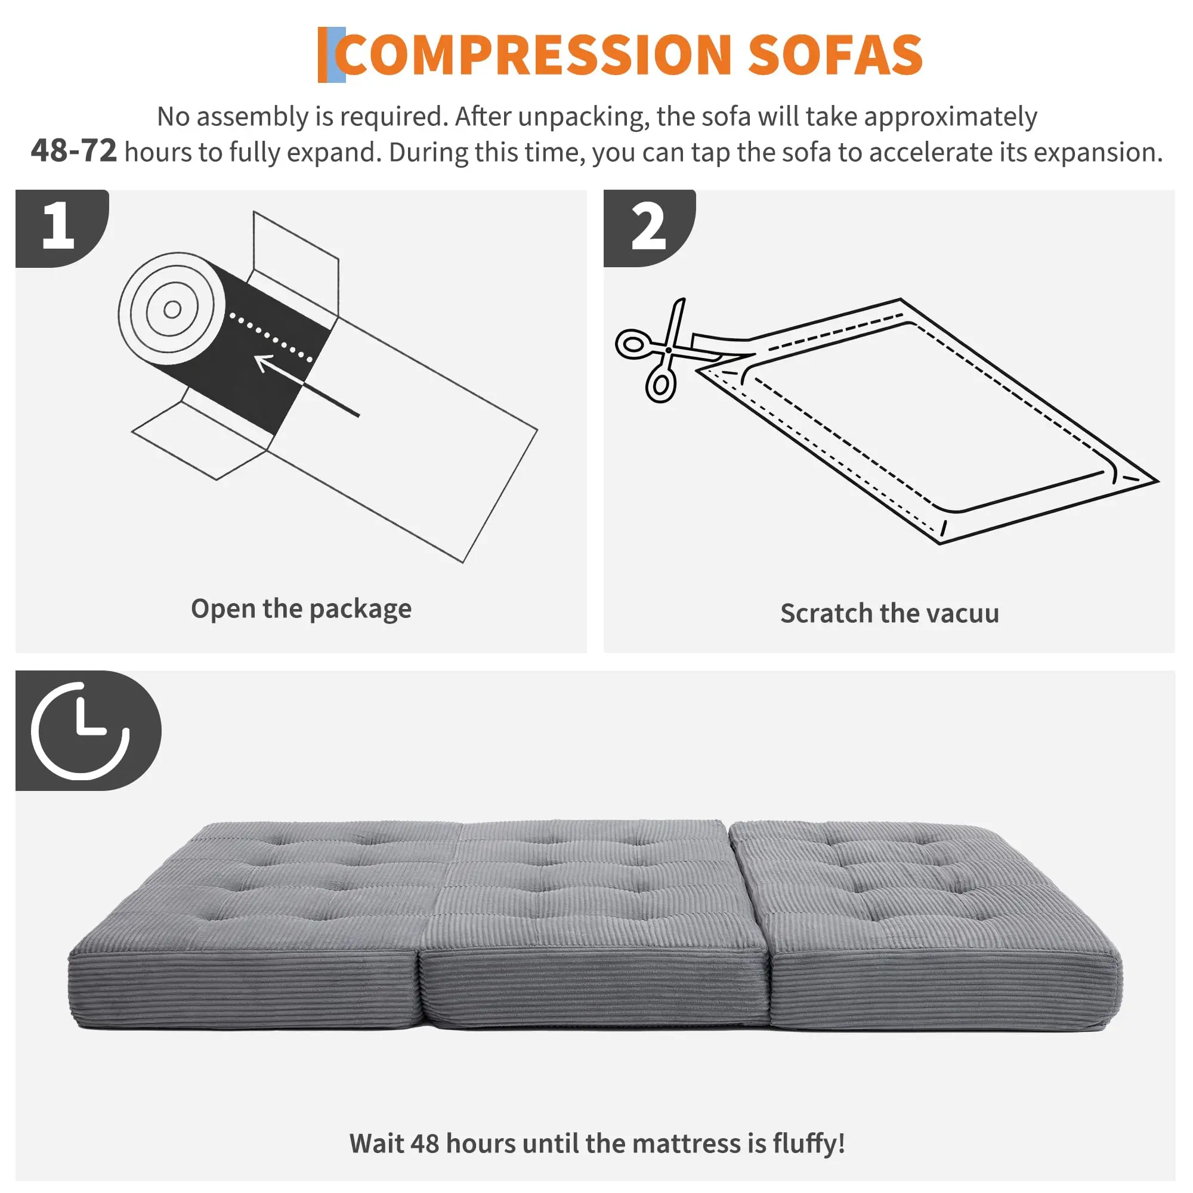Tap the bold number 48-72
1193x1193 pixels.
point(73,151)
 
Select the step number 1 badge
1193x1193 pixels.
point(62,228)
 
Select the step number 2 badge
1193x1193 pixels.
point(650,228)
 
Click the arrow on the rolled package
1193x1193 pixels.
point(306,385)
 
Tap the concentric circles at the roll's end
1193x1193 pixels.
point(172,309)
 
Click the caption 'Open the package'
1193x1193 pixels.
point(301,610)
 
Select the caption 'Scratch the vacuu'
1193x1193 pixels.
point(889,613)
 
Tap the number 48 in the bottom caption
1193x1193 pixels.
point(425,1143)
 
